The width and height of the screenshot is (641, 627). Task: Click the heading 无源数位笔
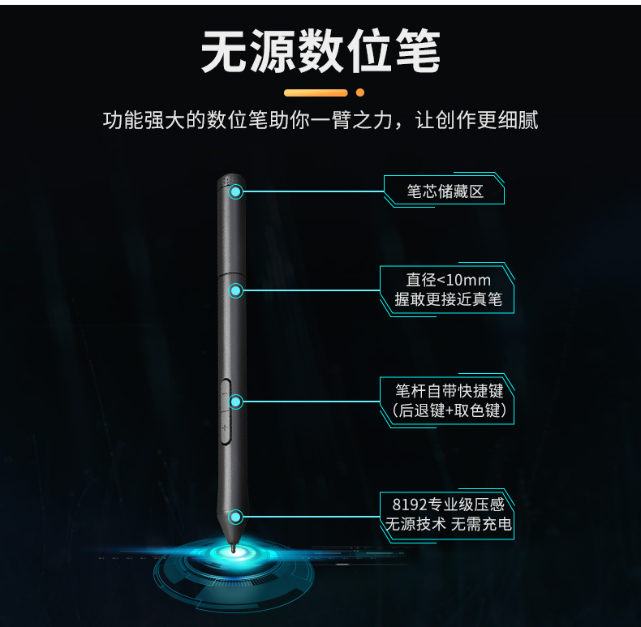click(320, 54)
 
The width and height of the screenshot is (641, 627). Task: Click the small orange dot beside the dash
click(360, 92)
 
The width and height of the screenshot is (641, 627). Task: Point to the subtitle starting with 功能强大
click(320, 122)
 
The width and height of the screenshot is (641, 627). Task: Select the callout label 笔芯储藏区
click(445, 191)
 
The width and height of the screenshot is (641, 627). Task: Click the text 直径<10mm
click(449, 280)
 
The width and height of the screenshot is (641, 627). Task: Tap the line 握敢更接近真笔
click(449, 300)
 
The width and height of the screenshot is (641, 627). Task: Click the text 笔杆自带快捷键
click(449, 391)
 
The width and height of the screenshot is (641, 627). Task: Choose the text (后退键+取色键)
click(449, 411)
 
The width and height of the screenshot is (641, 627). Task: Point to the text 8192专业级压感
click(449, 505)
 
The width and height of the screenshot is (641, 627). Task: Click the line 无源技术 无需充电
click(449, 525)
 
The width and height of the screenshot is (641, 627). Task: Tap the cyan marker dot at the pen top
click(236, 191)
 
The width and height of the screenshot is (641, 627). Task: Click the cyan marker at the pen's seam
click(236, 290)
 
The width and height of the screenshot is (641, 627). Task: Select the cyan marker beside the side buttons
click(236, 402)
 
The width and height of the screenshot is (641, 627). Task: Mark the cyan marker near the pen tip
click(236, 517)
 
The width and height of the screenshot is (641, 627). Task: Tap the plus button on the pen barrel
click(224, 427)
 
